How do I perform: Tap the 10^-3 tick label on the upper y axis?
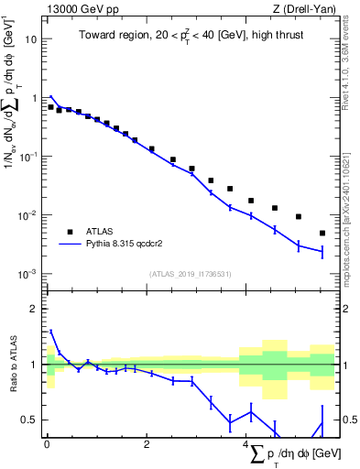click(28, 274)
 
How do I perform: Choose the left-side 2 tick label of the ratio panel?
click(35, 309)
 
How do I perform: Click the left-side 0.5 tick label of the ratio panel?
click(30, 420)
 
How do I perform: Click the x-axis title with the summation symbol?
click(293, 454)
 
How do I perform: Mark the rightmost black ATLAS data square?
click(322, 233)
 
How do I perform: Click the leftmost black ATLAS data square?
click(50, 107)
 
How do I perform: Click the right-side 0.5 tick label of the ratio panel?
click(348, 420)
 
